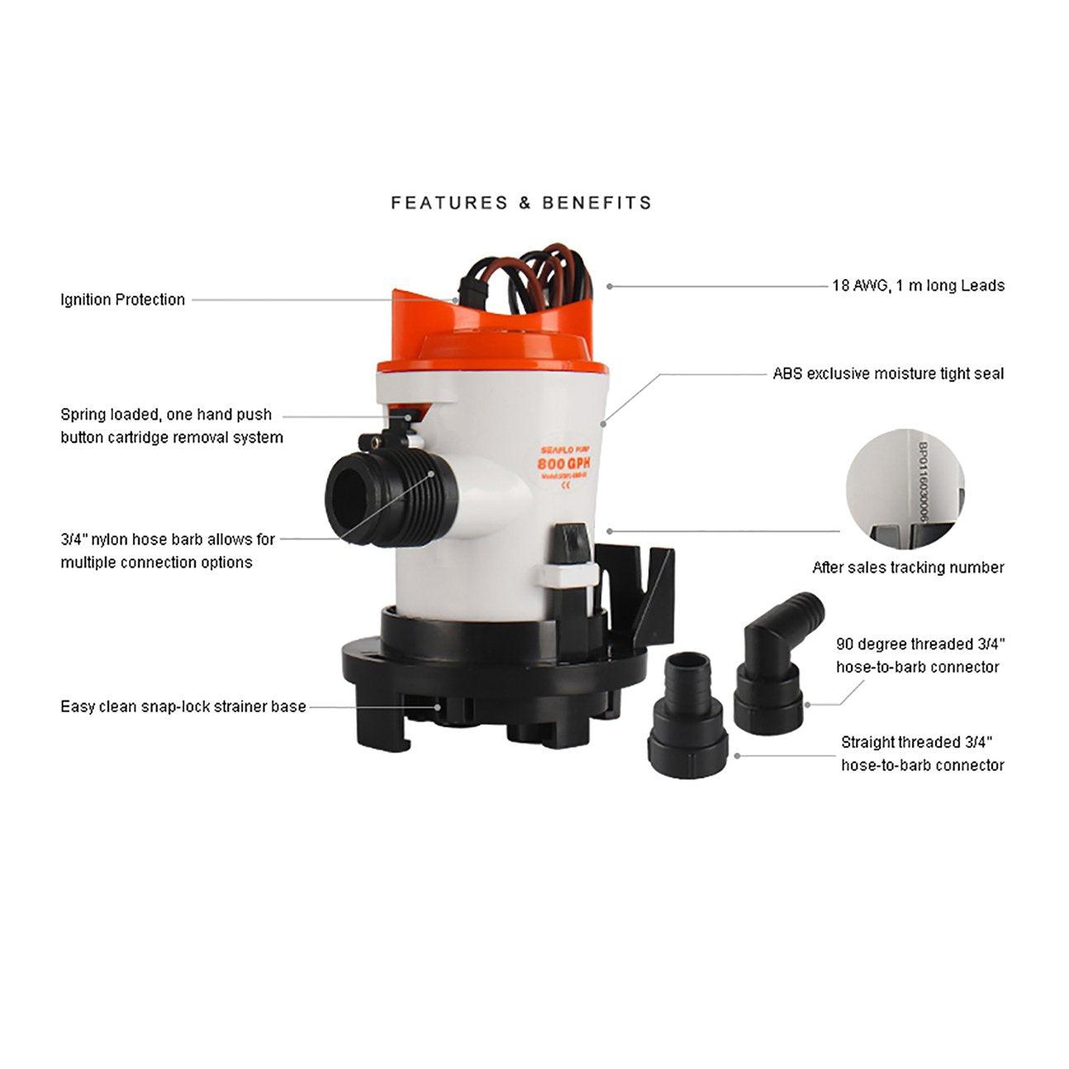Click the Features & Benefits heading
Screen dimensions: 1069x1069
[x=521, y=202]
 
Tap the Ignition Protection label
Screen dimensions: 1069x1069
[x=122, y=300]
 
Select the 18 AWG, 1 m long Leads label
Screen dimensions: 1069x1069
[x=918, y=286]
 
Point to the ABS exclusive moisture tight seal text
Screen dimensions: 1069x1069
[x=888, y=373]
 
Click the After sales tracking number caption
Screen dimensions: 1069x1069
[x=908, y=568]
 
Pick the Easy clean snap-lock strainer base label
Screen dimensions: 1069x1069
[x=183, y=707]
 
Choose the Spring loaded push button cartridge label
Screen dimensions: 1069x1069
[x=171, y=426]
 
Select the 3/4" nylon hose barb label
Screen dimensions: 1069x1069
[x=168, y=551]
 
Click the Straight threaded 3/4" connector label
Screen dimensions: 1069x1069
[x=923, y=754]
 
